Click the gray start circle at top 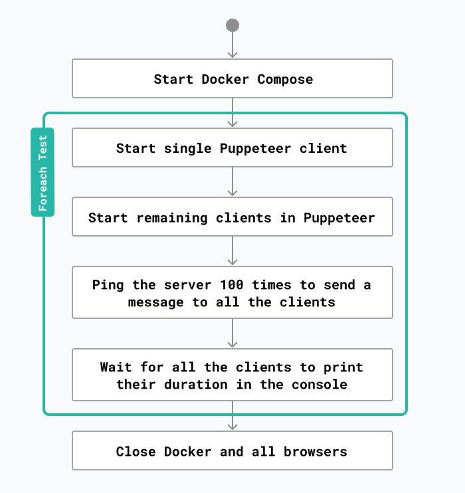(232, 25)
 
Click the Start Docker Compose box (232, 78)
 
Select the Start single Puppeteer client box (232, 148)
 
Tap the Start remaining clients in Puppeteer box (232, 217)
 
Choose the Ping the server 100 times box (232, 292)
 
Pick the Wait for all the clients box (232, 375)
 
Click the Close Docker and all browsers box (232, 450)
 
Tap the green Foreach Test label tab (43, 172)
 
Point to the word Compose (285, 79)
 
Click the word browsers (316, 451)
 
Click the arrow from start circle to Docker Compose (232, 45)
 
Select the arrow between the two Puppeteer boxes (232, 181)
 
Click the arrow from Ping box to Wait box (232, 333)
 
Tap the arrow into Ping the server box (232, 250)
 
